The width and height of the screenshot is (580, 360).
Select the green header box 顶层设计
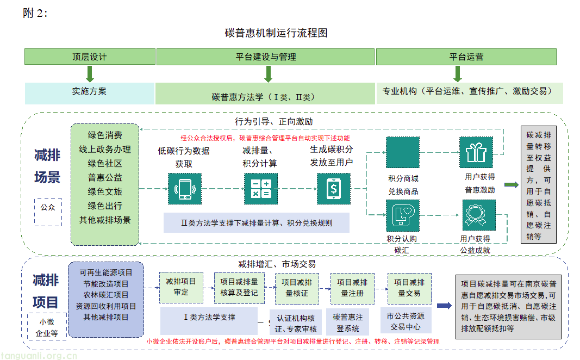tap(90, 57)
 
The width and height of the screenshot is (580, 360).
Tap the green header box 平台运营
tap(466, 57)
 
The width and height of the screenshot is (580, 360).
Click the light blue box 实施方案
tap(90, 92)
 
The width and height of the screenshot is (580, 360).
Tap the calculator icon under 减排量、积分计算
tap(260, 189)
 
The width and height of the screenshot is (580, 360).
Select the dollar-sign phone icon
tap(333, 189)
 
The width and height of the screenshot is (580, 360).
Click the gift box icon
tap(476, 153)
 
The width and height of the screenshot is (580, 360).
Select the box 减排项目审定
tap(181, 287)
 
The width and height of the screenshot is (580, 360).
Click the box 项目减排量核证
tap(297, 288)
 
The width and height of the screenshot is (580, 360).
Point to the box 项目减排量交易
tap(409, 288)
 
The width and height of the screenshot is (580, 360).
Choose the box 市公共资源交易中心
tap(406, 321)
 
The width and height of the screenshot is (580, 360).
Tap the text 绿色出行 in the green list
tap(105, 206)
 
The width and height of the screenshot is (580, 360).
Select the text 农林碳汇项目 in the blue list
tap(106, 295)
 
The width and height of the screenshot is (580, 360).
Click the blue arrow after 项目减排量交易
tap(444, 306)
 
